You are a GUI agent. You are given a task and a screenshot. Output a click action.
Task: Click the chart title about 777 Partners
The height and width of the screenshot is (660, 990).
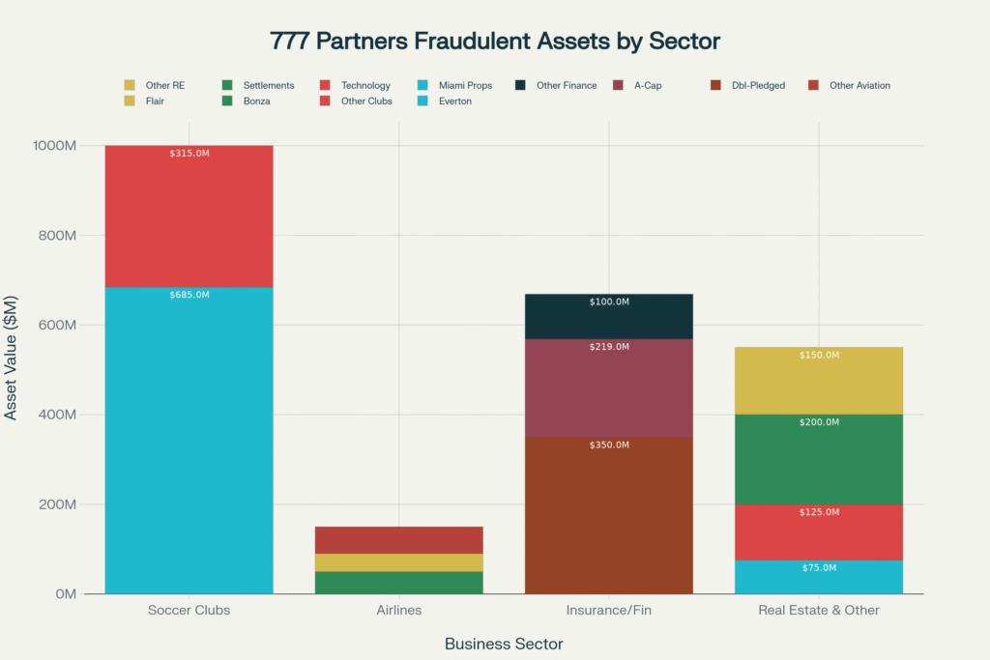click(x=495, y=42)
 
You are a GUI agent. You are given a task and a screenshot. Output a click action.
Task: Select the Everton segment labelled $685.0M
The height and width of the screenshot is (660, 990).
click(x=189, y=440)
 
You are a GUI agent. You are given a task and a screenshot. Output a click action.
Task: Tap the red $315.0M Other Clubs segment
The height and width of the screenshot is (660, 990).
click(x=189, y=216)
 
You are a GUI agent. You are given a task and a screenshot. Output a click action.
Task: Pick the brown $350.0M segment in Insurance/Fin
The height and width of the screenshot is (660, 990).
click(x=609, y=515)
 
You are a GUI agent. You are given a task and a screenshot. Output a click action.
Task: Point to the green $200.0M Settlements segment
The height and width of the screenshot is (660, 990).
click(x=819, y=459)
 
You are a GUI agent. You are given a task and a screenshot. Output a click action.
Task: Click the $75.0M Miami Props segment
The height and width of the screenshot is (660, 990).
click(x=819, y=577)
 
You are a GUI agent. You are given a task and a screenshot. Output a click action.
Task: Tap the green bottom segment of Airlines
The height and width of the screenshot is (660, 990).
click(x=398, y=583)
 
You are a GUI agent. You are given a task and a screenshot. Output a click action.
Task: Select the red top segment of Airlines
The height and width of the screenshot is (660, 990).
click(x=398, y=540)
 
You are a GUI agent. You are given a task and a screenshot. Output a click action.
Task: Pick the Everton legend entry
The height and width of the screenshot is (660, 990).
click(x=454, y=100)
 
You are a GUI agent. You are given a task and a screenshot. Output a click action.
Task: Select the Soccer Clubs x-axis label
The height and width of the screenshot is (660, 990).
click(x=189, y=611)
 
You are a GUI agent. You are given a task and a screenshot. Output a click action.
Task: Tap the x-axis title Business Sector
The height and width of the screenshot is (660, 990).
click(x=503, y=644)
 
